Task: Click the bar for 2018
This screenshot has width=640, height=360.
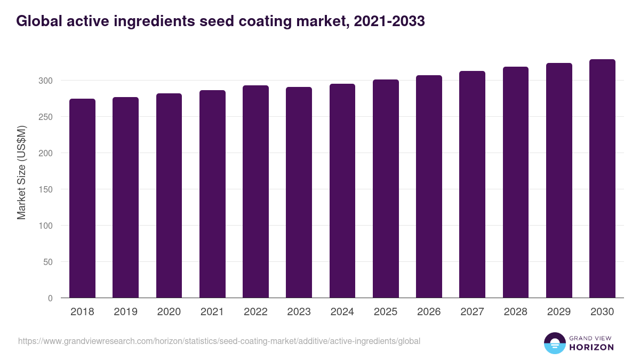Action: click(x=82, y=198)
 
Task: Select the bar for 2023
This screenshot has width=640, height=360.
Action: click(x=299, y=193)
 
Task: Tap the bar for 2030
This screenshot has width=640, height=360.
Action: click(x=602, y=179)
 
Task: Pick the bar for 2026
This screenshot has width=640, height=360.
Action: click(x=429, y=187)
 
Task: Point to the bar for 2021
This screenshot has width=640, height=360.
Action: click(x=212, y=194)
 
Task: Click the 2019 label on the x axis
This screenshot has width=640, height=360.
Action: click(x=125, y=312)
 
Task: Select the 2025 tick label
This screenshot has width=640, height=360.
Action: click(x=386, y=312)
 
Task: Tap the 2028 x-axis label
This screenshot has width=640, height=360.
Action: click(x=515, y=312)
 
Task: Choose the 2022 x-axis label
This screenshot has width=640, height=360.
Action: click(x=255, y=312)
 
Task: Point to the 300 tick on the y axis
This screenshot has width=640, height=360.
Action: click(x=46, y=81)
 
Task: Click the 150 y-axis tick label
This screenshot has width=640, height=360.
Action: click(x=46, y=189)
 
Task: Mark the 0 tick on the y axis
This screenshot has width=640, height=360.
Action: click(x=51, y=298)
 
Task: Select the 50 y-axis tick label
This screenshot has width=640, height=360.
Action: click(x=48, y=262)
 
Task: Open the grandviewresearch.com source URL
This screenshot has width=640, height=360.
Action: click(x=219, y=341)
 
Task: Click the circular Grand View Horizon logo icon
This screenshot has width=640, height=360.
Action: click(x=554, y=343)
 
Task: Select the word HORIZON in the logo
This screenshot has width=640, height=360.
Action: click(x=591, y=347)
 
